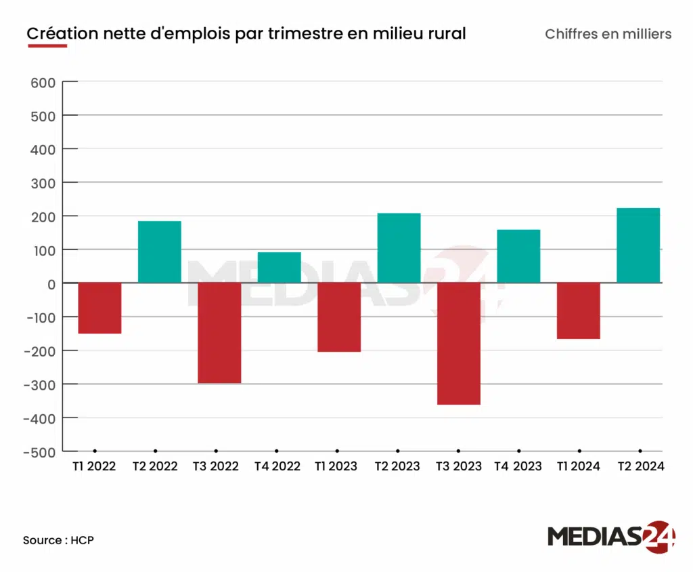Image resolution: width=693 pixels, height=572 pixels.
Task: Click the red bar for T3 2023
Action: pyautogui.click(x=458, y=344)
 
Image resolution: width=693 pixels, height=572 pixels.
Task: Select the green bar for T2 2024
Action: pyautogui.click(x=638, y=245)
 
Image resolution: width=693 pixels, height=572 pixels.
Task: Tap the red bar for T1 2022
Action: pyautogui.click(x=99, y=308)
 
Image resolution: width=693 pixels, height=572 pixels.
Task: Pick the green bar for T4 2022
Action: pyautogui.click(x=279, y=268)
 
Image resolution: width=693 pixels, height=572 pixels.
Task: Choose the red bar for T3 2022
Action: pyautogui.click(x=219, y=333)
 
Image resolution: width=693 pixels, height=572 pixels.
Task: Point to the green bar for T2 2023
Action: pyautogui.click(x=399, y=248)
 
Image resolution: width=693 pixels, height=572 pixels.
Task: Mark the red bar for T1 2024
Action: pyautogui.click(x=579, y=311)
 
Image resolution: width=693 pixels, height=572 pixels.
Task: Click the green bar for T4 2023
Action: pyautogui.click(x=518, y=256)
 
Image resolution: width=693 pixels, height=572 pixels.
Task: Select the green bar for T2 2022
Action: pyautogui.click(x=160, y=252)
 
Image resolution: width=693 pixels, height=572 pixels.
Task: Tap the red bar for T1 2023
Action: pyautogui.click(x=339, y=317)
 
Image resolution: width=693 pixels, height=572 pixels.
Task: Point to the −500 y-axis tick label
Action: pyautogui.click(x=39, y=451)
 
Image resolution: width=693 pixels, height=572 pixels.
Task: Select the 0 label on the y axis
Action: pyautogui.click(x=50, y=284)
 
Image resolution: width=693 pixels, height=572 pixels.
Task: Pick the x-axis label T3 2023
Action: pyautogui.click(x=458, y=466)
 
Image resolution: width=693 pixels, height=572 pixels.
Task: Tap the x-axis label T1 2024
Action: pyautogui.click(x=579, y=466)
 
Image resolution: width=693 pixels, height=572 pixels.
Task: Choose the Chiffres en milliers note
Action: pyautogui.click(x=608, y=34)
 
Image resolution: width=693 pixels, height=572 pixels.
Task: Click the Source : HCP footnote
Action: pyautogui.click(x=58, y=540)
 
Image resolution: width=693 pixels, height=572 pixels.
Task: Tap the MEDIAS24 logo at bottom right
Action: pyautogui.click(x=611, y=536)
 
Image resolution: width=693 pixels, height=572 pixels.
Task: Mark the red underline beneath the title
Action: pyautogui.click(x=47, y=46)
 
